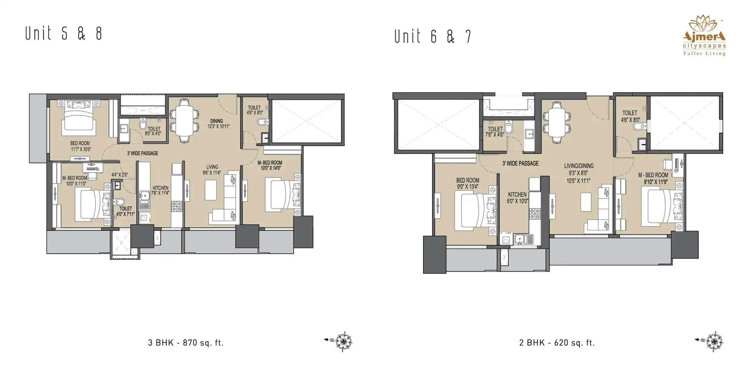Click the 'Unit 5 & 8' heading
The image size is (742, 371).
pyautogui.click(x=63, y=33)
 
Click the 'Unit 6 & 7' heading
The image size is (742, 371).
pyautogui.click(x=433, y=36)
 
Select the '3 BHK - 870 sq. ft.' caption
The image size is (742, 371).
pyautogui.click(x=185, y=343)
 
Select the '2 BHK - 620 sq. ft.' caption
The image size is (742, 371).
pyautogui.click(x=557, y=343)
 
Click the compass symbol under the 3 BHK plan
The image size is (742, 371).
pyautogui.click(x=343, y=342)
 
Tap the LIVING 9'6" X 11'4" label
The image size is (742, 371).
pyautogui.click(x=212, y=170)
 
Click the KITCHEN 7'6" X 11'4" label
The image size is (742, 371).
pyautogui.click(x=160, y=190)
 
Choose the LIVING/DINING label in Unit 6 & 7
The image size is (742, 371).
pyautogui.click(x=579, y=166)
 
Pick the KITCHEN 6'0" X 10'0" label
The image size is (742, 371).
pyautogui.click(x=517, y=198)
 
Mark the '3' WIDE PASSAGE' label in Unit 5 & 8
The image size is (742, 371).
pyautogui.click(x=142, y=153)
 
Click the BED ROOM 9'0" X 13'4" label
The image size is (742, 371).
pyautogui.click(x=468, y=184)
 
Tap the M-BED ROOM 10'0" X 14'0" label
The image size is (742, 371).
pyautogui.click(x=270, y=165)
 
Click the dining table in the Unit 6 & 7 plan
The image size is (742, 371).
pyautogui.click(x=557, y=122)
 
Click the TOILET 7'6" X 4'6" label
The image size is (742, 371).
pyautogui.click(x=495, y=132)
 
